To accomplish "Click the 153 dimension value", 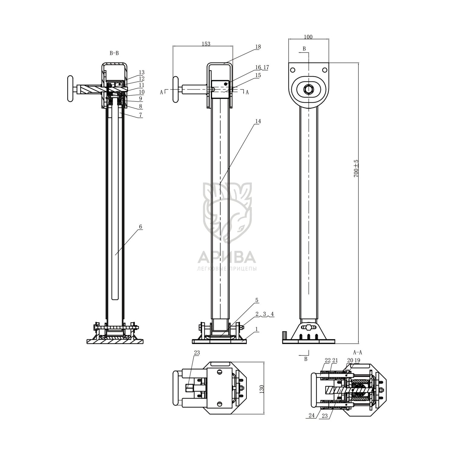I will click(x=206, y=44).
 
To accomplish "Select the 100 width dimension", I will click(x=308, y=37).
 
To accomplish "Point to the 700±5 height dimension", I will click(x=356, y=168).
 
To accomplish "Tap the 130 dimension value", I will click(x=262, y=388).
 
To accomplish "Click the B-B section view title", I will click(x=114, y=53).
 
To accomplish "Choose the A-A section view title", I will click(x=357, y=352).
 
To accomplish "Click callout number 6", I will click(x=140, y=227).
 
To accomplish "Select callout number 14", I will click(x=258, y=121).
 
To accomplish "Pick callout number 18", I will click(x=258, y=47).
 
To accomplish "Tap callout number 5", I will click(x=257, y=300).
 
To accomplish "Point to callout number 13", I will click(x=142, y=72).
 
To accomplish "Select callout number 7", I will click(x=140, y=115).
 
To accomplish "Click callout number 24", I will click(x=312, y=416).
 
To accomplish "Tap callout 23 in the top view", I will click(x=197, y=353).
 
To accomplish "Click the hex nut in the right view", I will click(x=308, y=89).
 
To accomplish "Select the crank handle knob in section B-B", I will click(x=70, y=89).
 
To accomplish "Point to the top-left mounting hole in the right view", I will click(x=292, y=70).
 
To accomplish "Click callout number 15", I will click(x=258, y=75).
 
